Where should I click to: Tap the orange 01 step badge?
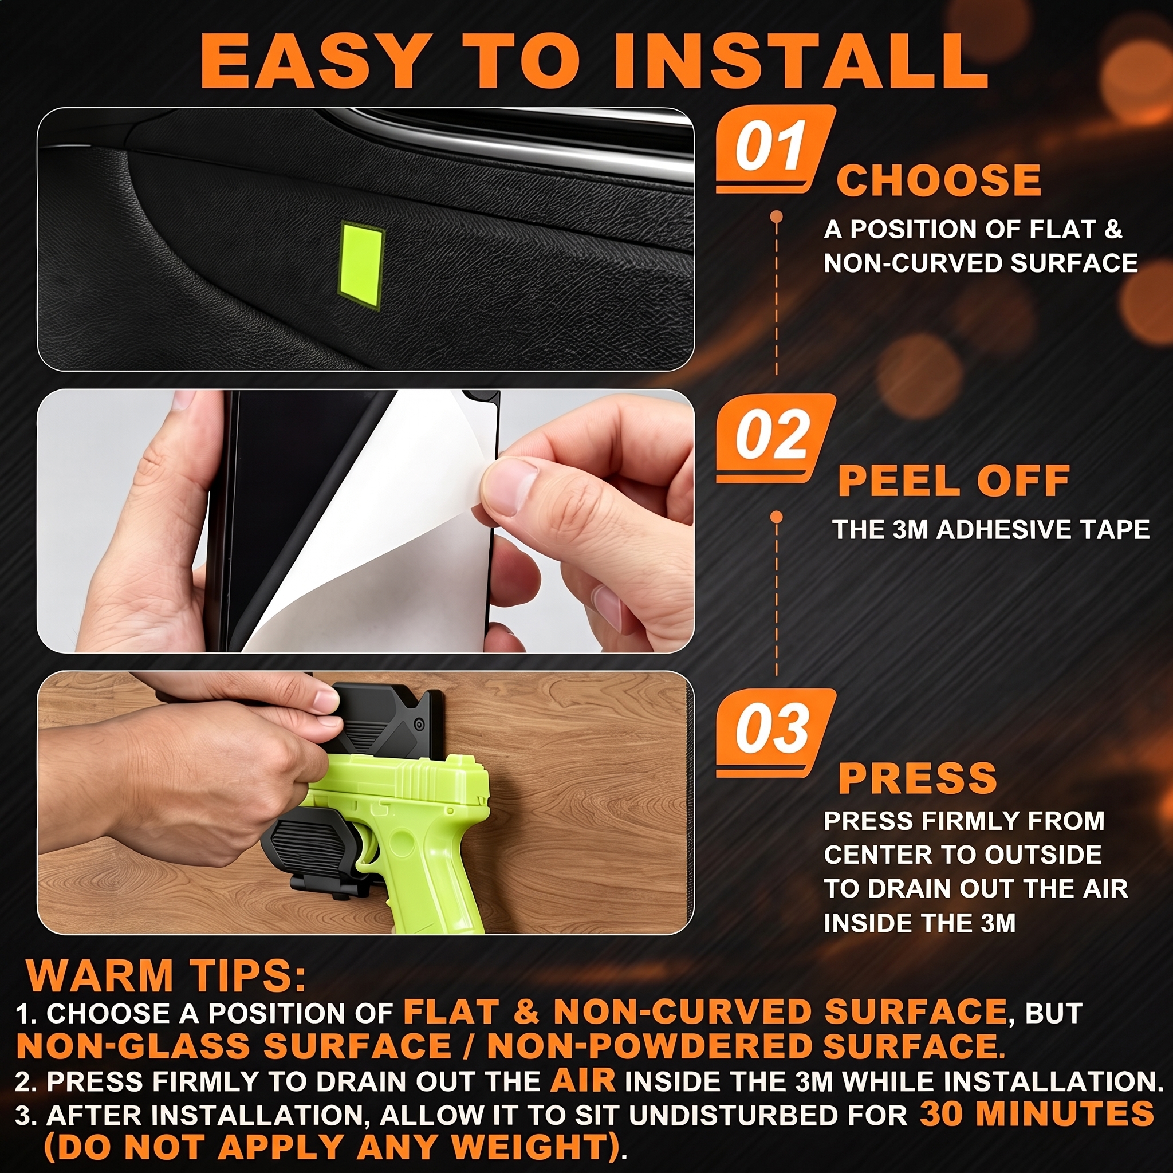(x=776, y=149)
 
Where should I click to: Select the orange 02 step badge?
(x=776, y=438)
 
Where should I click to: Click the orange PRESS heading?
(x=918, y=778)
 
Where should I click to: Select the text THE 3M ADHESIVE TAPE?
(x=991, y=529)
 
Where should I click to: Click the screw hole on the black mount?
(x=418, y=725)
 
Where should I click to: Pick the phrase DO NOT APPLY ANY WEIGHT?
(x=333, y=1147)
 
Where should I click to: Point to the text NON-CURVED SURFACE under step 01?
(x=981, y=263)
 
